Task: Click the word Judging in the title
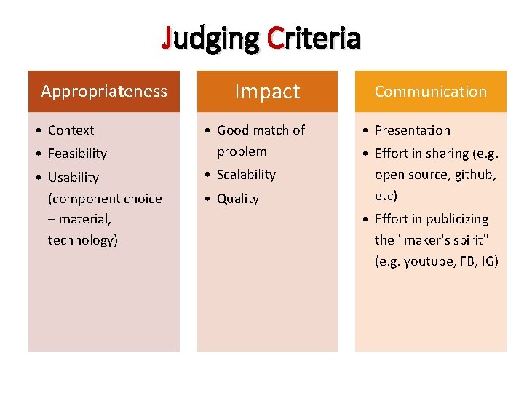coord(211,38)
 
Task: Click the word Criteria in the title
coord(314,38)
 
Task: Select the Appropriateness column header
coord(104,91)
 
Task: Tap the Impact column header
coord(267,91)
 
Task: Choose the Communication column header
coord(430,91)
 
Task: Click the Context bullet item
coord(71,130)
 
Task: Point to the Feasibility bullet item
coord(77,154)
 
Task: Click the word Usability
coord(73,178)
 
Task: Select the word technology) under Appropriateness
coord(83,240)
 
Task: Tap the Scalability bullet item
coord(246,175)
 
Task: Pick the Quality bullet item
coord(237,199)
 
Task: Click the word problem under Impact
coord(242,151)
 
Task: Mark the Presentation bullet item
coord(412,130)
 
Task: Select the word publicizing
coord(456,219)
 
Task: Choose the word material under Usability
coord(85,219)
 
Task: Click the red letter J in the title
coord(168,38)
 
